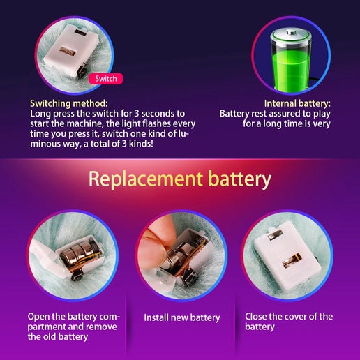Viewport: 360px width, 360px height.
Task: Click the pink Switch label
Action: coord(106,79)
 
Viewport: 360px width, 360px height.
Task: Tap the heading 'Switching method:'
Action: coord(69,103)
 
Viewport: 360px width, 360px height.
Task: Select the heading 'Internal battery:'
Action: coord(297,103)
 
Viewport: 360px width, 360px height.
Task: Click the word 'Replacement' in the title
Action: coord(146,179)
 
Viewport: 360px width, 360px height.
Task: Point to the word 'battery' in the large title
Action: coord(240,179)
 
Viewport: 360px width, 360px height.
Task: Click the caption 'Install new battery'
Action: coord(182,317)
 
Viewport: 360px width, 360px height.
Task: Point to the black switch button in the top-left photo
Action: coord(80,72)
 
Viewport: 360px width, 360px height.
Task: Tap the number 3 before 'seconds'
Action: coord(137,114)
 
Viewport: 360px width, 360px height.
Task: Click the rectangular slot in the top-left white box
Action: coord(68,51)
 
